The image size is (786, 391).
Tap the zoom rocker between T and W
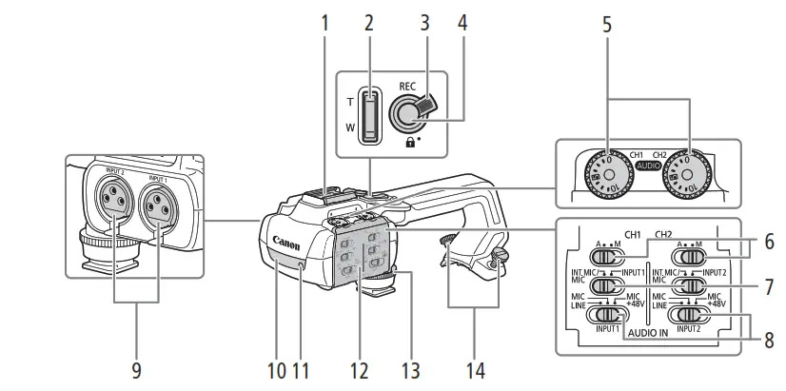point(370,115)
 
